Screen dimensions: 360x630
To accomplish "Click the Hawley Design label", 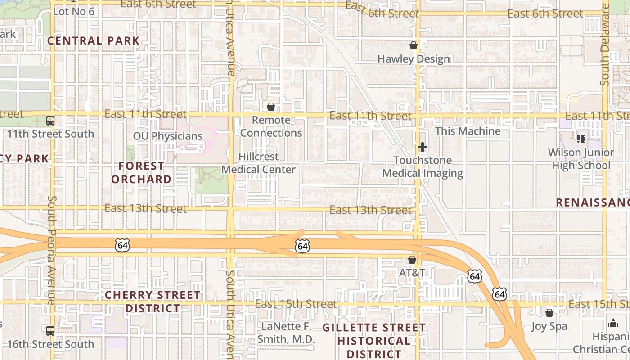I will click(x=414, y=59).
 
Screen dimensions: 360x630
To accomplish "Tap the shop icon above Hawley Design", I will click(x=414, y=45).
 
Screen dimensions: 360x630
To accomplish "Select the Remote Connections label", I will click(x=271, y=126).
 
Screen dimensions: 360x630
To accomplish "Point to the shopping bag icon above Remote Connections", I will click(x=271, y=107).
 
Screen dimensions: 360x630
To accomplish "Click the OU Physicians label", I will click(x=168, y=136).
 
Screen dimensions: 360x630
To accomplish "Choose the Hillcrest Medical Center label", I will click(x=259, y=163).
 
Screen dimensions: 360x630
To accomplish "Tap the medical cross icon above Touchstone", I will click(x=422, y=147).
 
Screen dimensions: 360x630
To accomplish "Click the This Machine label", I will click(x=468, y=131).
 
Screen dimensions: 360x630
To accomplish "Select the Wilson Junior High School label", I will click(x=581, y=159).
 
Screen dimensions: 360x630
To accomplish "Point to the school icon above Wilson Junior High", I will click(x=581, y=139).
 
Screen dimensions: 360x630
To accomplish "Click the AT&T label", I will click(x=412, y=273).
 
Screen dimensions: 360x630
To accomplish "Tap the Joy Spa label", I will click(x=549, y=326).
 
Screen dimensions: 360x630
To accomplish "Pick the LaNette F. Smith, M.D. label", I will click(x=286, y=333).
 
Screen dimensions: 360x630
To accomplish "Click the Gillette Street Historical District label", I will click(x=374, y=341).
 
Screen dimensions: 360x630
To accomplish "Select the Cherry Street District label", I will click(x=153, y=301).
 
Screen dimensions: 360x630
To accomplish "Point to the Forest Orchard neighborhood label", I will click(x=141, y=172).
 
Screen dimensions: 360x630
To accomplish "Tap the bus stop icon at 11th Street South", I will click(x=50, y=121).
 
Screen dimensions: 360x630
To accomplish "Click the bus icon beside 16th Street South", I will click(x=50, y=331).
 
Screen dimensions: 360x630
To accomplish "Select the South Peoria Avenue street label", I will click(x=52, y=250).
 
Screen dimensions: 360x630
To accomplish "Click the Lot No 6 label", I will click(x=74, y=11).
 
